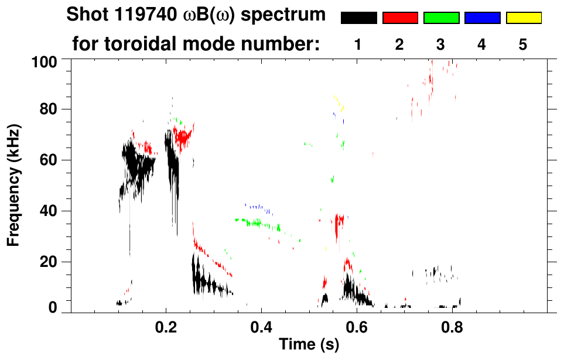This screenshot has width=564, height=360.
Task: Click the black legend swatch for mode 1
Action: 358,18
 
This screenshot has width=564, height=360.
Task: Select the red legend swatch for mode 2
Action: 400,18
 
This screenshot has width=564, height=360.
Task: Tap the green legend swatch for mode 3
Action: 441,18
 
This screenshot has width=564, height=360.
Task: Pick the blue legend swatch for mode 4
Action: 482,18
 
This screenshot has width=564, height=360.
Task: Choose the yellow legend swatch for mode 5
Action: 524,18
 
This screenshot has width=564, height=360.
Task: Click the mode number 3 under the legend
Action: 441,45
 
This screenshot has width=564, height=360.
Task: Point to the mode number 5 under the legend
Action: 523,45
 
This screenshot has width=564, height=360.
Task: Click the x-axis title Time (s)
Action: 309,345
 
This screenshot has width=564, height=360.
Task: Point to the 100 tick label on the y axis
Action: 44,60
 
